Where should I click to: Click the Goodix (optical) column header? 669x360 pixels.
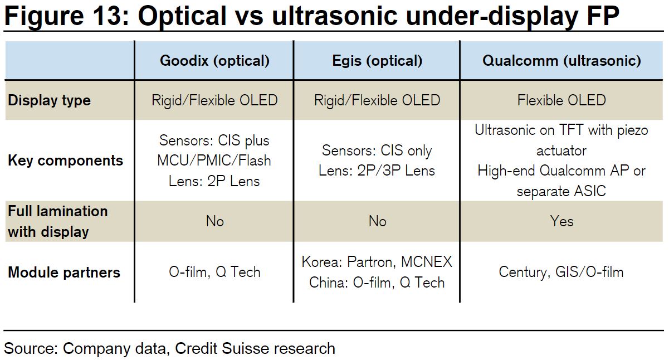[x=214, y=61]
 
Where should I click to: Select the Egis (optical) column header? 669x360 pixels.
[x=377, y=61]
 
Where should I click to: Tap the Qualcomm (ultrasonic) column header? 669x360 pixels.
[x=561, y=61]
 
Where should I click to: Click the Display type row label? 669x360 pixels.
[x=49, y=101]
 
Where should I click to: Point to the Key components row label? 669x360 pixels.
[x=65, y=160]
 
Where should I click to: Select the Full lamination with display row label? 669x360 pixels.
[x=57, y=221]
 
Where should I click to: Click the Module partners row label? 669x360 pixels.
[x=64, y=273]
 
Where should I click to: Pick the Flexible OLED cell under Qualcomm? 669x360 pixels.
[x=561, y=100]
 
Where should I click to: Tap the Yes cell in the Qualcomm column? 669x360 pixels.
[x=561, y=221]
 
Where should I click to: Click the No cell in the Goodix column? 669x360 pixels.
[x=214, y=221]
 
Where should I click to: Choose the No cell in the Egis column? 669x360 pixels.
[x=377, y=221]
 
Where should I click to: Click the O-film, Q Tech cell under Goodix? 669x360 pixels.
[x=214, y=273]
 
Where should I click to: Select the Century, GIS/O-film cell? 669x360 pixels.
[x=561, y=273]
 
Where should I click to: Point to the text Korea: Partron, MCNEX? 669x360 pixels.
[x=377, y=262]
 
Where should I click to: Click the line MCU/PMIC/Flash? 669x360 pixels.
[x=214, y=160]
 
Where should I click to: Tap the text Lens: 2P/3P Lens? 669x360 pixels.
[x=377, y=171]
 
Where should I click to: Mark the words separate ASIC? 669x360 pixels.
[x=561, y=191]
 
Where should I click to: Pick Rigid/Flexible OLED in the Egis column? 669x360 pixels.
[x=377, y=100]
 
